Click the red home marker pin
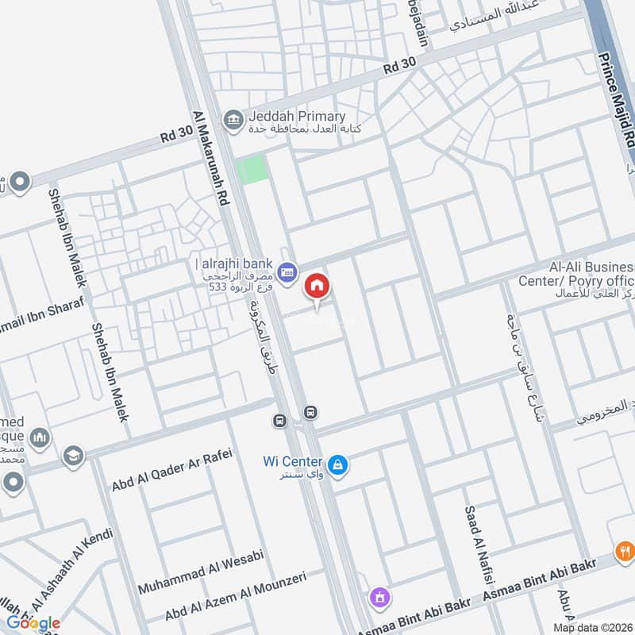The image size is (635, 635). [317, 286]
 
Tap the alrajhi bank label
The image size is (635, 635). [235, 264]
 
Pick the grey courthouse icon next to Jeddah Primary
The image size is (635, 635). [233, 120]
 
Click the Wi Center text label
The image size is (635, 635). [293, 461]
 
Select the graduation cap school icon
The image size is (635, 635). [73, 457]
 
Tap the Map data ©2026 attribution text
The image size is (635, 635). [593, 627]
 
